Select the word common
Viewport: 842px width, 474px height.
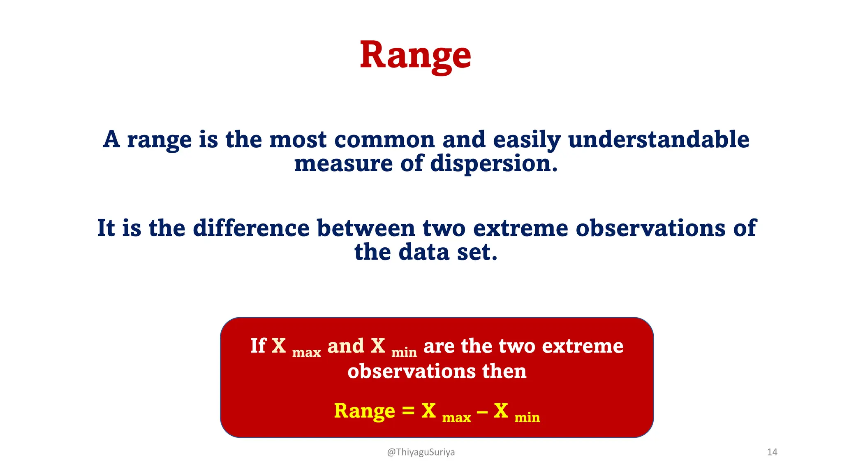tap(384, 139)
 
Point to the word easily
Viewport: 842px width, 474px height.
tap(527, 140)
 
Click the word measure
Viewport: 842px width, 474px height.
tap(343, 163)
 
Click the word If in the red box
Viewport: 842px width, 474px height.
tap(258, 346)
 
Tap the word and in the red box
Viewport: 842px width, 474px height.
tap(346, 346)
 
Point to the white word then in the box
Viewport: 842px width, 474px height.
tap(504, 371)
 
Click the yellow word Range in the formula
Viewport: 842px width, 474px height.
tap(364, 411)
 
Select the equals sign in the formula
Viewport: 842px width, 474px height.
tap(408, 411)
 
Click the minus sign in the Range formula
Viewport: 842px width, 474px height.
tap(482, 411)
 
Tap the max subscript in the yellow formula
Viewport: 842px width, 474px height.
tap(456, 418)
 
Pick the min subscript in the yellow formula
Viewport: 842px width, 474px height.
tap(527, 418)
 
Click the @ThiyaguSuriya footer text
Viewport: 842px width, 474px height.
tap(421, 452)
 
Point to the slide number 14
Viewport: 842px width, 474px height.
tap(772, 452)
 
